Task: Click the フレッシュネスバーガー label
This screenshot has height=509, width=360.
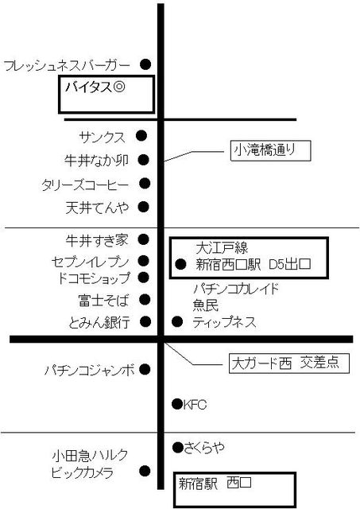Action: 67,66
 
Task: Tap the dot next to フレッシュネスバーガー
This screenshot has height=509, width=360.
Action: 145,64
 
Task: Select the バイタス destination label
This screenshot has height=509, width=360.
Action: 87,87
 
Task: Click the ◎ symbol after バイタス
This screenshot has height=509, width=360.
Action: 119,87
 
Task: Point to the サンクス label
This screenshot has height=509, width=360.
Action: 102,138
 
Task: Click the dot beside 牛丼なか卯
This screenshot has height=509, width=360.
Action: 143,160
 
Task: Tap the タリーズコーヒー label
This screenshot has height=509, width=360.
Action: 85,185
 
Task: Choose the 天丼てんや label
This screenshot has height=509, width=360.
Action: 97,208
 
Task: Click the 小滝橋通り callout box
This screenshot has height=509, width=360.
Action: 270,150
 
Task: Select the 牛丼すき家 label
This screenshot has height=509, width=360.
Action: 97,240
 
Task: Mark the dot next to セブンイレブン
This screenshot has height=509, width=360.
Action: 143,261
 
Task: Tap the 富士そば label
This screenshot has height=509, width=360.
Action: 103,301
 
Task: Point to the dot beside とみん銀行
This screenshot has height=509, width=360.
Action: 145,321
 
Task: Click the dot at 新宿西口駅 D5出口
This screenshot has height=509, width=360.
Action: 180,264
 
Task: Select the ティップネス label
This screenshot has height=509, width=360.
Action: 224,322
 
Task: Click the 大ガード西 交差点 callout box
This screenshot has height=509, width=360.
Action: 289,363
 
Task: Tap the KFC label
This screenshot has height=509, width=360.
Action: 195,405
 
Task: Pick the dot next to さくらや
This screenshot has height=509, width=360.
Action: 178,448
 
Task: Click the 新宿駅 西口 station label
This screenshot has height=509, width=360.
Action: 215,484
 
